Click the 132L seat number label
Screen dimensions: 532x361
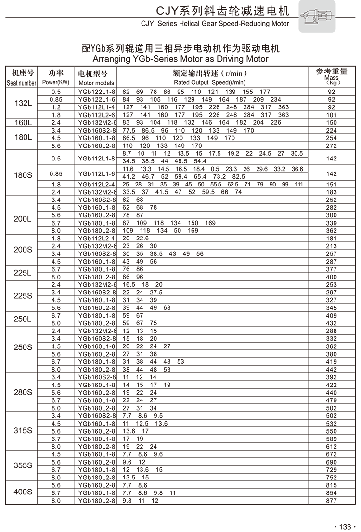point(23,103)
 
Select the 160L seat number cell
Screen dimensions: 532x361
point(23,122)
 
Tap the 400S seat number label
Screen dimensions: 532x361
point(23,492)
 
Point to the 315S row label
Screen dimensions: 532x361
point(23,431)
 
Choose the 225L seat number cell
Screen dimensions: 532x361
point(23,273)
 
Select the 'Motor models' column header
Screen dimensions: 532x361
point(96,83)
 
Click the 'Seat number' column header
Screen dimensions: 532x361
point(22,83)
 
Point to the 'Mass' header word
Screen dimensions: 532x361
point(331,78)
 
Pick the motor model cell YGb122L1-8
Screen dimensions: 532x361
point(97,92)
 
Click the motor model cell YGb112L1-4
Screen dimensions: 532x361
point(97,107)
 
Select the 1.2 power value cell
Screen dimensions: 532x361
point(56,107)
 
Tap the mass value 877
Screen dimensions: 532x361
point(331,500)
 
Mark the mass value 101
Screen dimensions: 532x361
point(331,115)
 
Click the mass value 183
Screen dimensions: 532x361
point(331,192)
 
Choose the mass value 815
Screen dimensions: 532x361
point(331,485)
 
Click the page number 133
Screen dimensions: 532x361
point(346,526)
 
